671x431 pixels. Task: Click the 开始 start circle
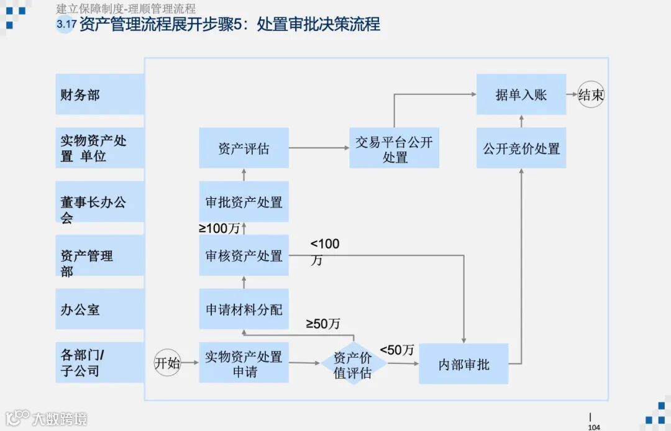167,363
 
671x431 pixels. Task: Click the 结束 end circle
590,95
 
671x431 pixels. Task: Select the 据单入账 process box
521,94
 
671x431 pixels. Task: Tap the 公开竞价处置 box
521,148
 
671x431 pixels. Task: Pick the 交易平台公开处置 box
394,148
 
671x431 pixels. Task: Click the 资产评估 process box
244,148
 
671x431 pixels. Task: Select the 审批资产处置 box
244,202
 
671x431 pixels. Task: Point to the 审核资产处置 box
244,255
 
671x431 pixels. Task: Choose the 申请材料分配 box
244,309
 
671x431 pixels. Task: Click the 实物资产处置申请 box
244,363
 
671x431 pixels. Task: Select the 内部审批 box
463,364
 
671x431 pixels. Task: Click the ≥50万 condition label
323,324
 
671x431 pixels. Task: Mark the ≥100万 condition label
219,228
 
